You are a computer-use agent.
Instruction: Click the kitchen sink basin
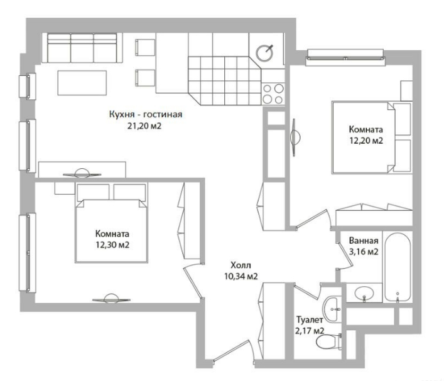(265, 53)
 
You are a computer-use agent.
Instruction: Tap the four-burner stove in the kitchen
(273, 94)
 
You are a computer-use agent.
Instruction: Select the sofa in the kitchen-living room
(82, 48)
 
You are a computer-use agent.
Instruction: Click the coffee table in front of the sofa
(82, 83)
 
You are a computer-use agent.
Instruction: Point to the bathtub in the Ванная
(398, 267)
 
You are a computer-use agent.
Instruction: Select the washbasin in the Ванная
(364, 293)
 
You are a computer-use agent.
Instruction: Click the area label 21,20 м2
(144, 126)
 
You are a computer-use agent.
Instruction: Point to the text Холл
(241, 266)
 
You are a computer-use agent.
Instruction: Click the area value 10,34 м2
(241, 276)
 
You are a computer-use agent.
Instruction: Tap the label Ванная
(364, 240)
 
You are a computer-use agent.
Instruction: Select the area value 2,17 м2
(310, 331)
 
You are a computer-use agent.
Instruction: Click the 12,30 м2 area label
(112, 245)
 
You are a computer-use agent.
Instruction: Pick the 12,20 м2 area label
(366, 141)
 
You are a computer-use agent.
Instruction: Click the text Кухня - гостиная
(146, 115)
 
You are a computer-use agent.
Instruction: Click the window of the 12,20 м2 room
(345, 58)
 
